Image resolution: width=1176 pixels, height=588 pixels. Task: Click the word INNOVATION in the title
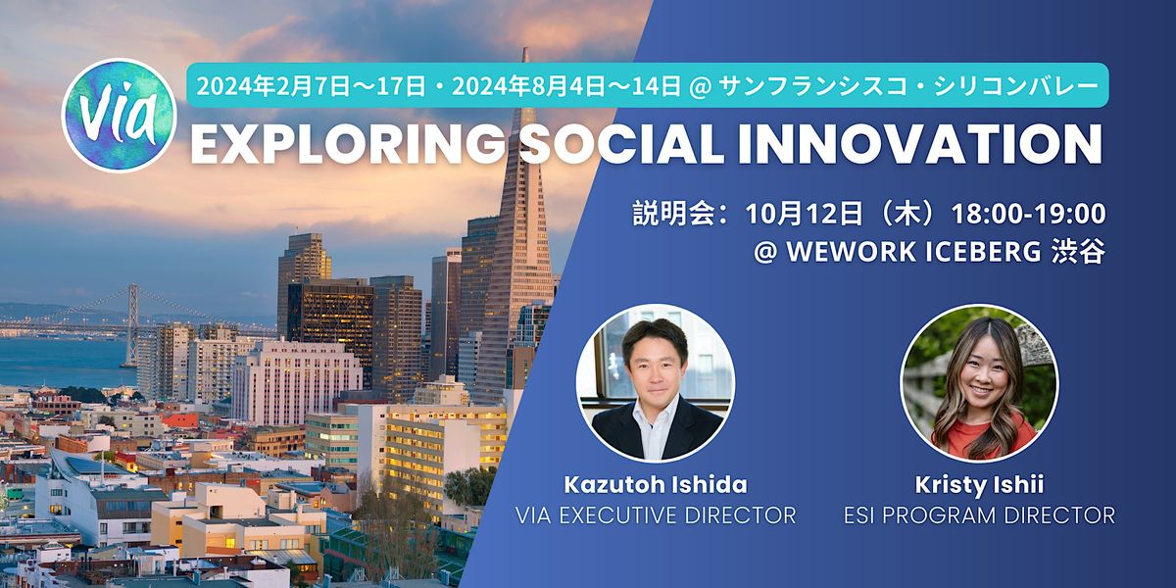(x=936, y=144)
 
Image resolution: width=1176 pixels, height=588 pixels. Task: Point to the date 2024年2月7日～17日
(x=311, y=86)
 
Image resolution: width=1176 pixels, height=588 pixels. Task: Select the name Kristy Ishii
(x=979, y=483)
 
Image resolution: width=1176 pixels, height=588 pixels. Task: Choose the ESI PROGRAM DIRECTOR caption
(x=979, y=514)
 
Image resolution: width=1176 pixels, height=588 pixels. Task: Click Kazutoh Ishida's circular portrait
(x=655, y=383)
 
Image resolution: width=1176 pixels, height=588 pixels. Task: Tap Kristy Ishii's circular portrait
(x=979, y=383)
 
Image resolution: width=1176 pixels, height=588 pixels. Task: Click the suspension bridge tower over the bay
(x=131, y=323)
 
